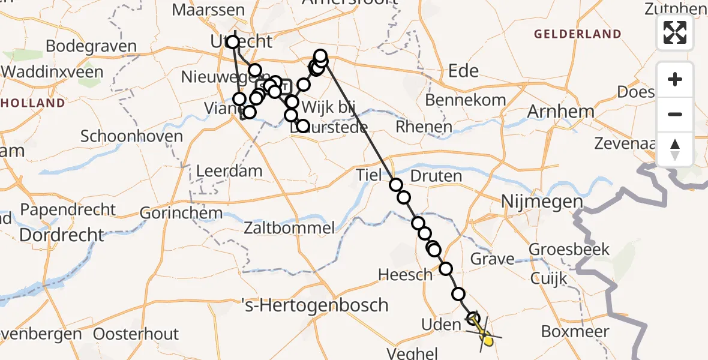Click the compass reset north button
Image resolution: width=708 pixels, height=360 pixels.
pos(675,149)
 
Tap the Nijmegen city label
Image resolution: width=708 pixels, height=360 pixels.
pos(541,202)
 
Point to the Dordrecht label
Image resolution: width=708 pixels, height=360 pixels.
pos(62,235)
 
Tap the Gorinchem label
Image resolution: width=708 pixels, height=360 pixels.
pos(181,213)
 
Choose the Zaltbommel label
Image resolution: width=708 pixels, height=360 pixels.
pos(289,228)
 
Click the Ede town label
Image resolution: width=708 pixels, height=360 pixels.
pos(464,71)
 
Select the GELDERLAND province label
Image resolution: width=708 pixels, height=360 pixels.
pos(577,34)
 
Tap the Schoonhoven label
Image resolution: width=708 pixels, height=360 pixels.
pos(131,136)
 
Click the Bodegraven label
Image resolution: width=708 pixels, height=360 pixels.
pos(91,46)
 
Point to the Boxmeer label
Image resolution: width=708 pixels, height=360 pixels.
pos(575,332)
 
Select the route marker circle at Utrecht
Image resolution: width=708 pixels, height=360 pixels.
pos(233,42)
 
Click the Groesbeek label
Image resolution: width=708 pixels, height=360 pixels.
pos(569,249)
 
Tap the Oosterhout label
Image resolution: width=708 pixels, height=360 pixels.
pos(137,334)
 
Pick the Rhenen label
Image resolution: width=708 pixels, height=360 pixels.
pos(424,127)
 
